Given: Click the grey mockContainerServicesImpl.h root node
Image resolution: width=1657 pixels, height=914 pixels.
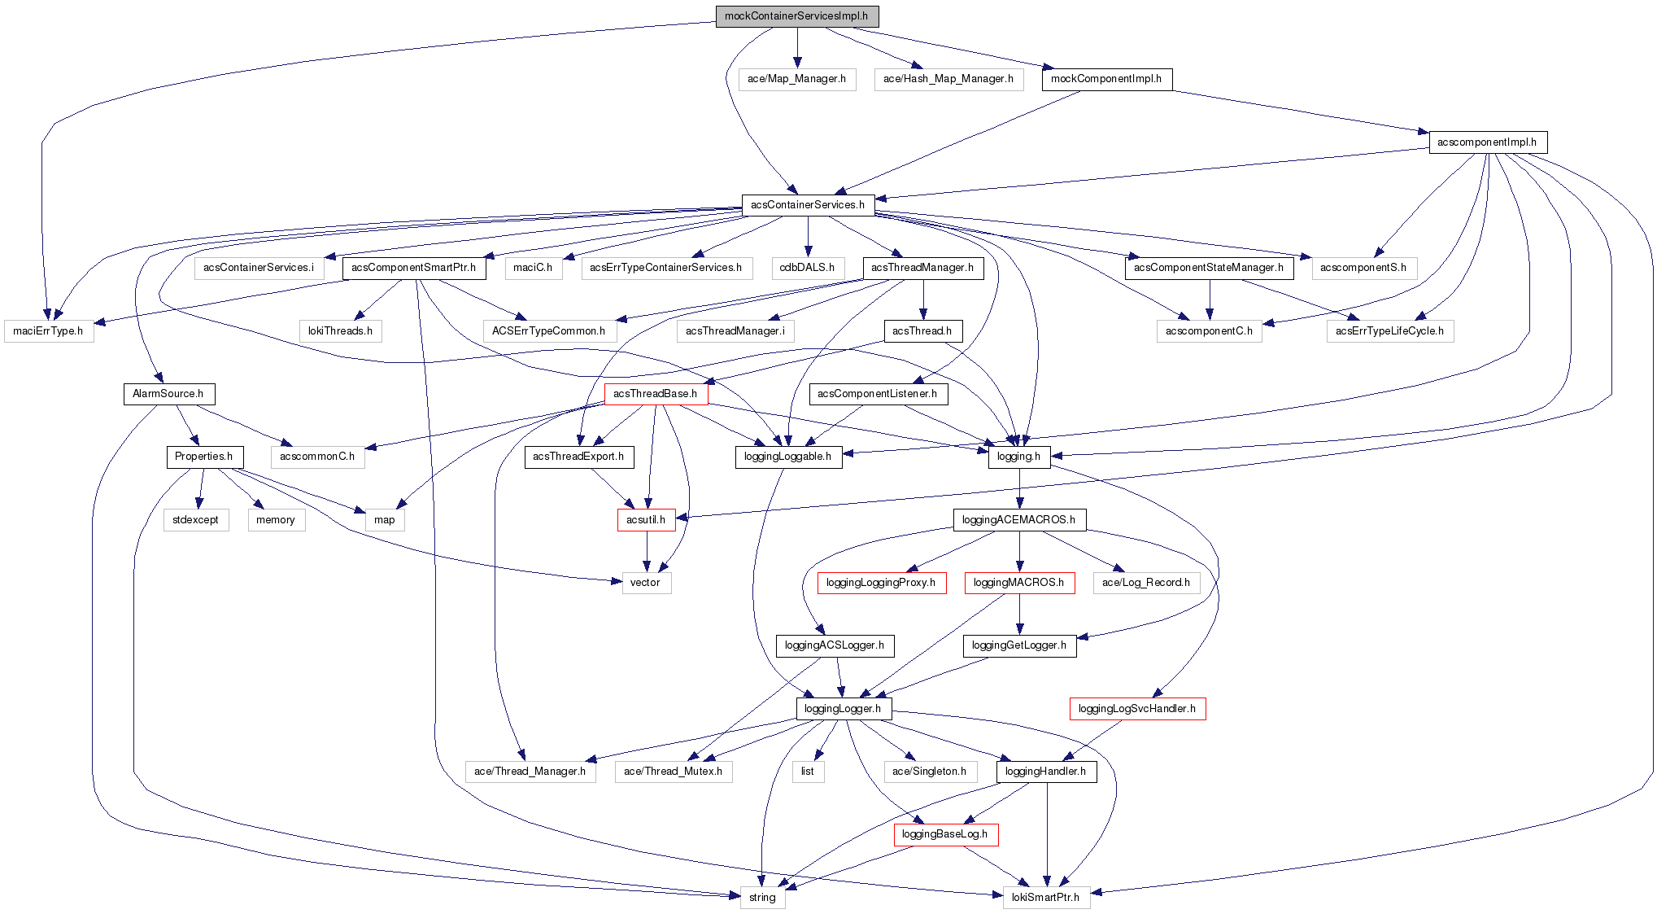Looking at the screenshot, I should (796, 16).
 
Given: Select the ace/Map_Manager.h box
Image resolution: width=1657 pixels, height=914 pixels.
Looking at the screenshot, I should (796, 79).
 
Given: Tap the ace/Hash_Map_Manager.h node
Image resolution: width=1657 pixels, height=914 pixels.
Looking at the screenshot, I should (948, 79).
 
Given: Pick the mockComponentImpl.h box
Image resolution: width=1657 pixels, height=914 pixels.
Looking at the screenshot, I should (1106, 79).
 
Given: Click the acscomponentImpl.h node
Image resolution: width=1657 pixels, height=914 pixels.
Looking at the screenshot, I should (1487, 142).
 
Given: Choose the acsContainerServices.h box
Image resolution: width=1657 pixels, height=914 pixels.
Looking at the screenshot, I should (808, 205).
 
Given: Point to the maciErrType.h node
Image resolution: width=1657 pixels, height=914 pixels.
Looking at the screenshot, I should (49, 331).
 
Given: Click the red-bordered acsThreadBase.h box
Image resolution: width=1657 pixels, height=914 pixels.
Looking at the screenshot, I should (656, 394).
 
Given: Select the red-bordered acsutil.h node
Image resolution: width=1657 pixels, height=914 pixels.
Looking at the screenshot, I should (646, 520).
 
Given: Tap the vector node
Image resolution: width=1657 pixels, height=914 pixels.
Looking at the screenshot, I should (646, 583).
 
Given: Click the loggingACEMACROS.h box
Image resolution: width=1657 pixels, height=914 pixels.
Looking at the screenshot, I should (1018, 520).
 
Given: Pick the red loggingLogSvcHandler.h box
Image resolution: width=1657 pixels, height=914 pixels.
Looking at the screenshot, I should (1136, 709).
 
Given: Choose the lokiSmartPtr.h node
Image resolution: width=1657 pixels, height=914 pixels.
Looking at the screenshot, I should (1045, 898).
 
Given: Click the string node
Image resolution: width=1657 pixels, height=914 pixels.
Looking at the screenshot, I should (762, 898).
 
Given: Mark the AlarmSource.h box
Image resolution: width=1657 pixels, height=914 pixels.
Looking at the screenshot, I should (168, 394).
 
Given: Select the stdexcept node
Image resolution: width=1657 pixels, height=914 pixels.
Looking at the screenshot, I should (195, 520).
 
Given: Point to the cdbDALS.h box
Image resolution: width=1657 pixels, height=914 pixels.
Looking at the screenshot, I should (807, 268).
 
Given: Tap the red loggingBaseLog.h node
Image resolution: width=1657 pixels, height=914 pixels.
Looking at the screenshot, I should (945, 834).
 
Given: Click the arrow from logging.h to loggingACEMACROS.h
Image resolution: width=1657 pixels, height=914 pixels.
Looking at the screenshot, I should (1019, 488).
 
